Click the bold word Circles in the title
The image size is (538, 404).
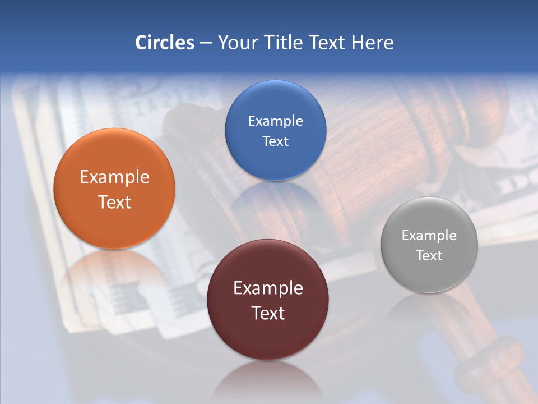tap(165, 43)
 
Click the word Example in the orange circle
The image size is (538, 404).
tap(114, 177)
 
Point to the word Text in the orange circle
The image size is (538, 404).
tap(114, 202)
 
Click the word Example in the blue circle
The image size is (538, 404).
tap(275, 121)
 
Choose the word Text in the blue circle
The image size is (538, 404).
tap(275, 141)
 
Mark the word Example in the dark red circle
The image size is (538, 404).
tap(268, 288)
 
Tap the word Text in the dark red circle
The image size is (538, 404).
tap(268, 313)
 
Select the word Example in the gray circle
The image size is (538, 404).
tap(429, 236)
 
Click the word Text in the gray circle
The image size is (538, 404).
tap(429, 256)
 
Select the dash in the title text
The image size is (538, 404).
tap(205, 43)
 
